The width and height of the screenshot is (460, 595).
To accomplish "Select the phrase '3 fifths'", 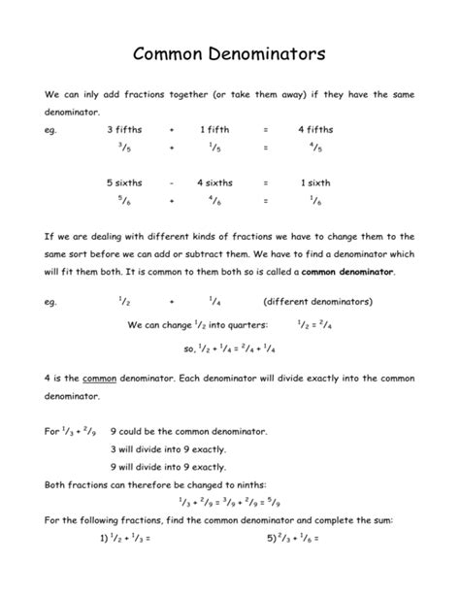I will [124, 129].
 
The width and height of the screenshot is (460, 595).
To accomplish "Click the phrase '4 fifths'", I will [315, 129].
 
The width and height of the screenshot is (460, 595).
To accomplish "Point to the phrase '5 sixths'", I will [123, 182].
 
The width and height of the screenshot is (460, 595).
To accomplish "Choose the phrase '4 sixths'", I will [214, 182].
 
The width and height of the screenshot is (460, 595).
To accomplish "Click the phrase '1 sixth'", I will [315, 182].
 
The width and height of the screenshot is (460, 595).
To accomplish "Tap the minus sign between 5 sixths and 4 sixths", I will [171, 182].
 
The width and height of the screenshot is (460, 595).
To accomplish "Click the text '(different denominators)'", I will [312, 302].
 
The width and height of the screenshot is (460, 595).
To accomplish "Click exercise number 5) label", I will [251, 536].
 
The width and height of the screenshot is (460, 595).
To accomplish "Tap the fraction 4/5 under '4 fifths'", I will [315, 148].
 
